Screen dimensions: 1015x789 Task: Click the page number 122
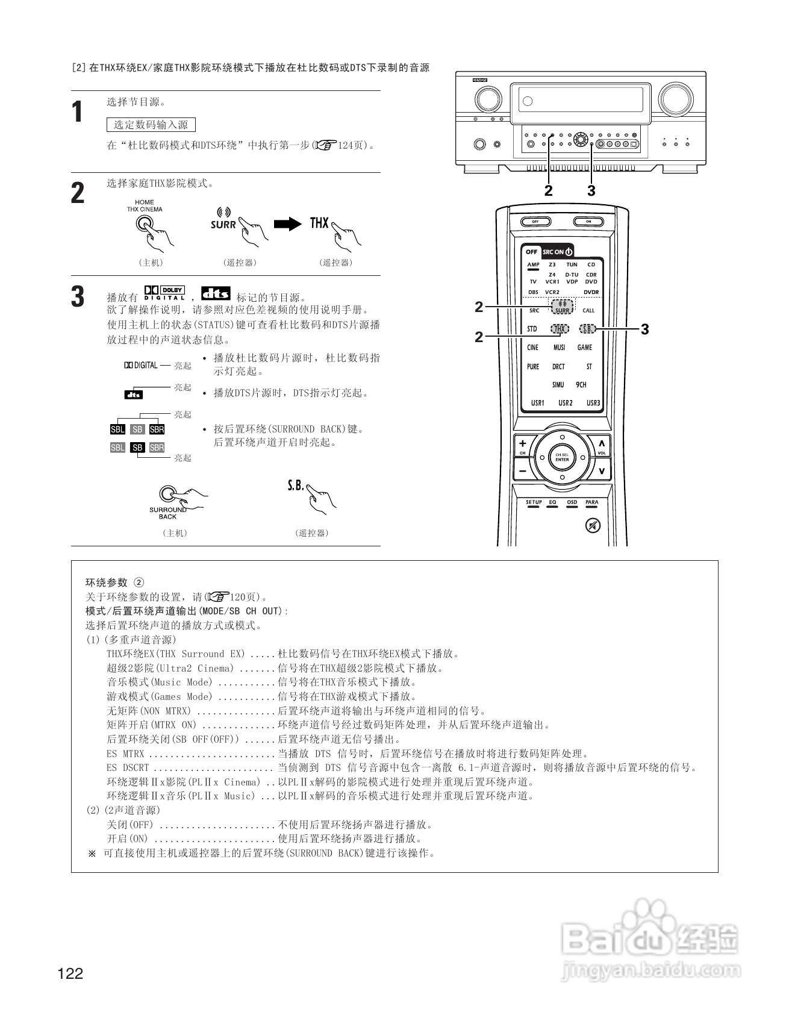(x=70, y=973)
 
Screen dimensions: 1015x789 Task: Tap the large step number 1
(x=77, y=112)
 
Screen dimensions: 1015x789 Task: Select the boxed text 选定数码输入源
(x=151, y=125)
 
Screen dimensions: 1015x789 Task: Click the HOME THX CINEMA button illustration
(x=144, y=223)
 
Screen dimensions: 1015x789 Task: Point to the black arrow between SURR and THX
(x=287, y=224)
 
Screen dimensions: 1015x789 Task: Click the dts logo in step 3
(x=216, y=293)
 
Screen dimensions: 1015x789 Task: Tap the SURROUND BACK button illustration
(x=168, y=494)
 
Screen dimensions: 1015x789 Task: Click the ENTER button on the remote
(x=562, y=457)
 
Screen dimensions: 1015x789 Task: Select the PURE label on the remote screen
(x=533, y=366)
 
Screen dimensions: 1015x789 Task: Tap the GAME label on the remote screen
(x=585, y=348)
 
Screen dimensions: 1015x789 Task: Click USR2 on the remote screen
(x=565, y=403)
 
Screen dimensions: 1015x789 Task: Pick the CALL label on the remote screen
(x=588, y=311)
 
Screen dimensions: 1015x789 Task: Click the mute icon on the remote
(x=593, y=526)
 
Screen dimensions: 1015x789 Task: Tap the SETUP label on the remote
(x=534, y=502)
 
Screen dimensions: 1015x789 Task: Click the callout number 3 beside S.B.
(x=645, y=329)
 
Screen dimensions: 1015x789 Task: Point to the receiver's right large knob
(x=676, y=98)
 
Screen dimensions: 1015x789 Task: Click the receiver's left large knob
(x=487, y=98)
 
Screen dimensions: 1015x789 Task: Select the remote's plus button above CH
(x=523, y=444)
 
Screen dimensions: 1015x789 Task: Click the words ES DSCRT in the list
(x=128, y=767)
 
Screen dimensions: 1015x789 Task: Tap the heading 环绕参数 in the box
(x=107, y=582)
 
